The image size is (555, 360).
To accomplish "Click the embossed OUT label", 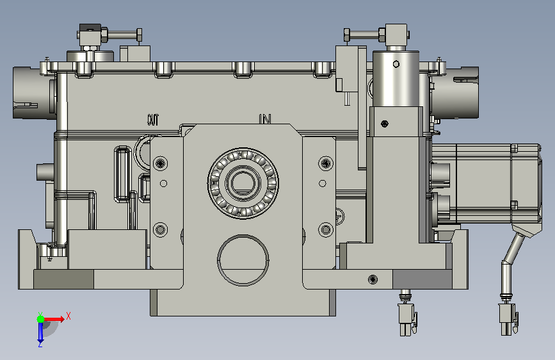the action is click(x=153, y=120).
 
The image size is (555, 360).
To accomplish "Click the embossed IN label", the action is click(x=265, y=119).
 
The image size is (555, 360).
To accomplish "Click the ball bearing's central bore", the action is click(x=243, y=183).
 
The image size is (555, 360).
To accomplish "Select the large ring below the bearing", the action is click(x=243, y=259).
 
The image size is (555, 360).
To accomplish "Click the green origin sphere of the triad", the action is click(x=40, y=319).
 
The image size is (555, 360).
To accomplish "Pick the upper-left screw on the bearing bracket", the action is click(x=160, y=163).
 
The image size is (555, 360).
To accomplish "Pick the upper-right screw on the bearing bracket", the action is click(x=326, y=163).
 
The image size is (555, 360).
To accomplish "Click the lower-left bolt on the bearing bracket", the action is click(x=160, y=229).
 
